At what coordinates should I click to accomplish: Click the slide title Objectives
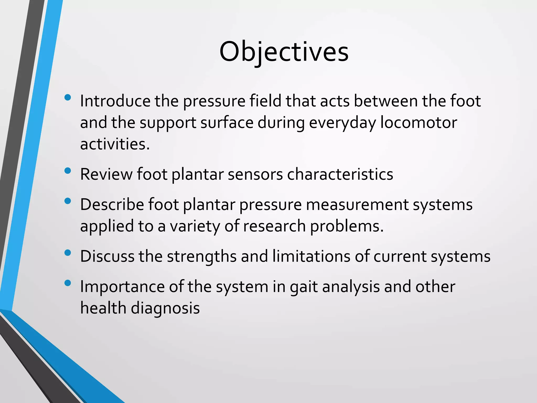coord(284,52)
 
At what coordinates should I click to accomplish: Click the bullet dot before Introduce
coord(68,98)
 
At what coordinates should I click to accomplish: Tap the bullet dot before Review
coord(68,171)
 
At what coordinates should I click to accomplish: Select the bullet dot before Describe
coord(68,201)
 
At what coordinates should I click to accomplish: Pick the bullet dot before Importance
coord(68,283)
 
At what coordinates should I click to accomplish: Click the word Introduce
coord(115,101)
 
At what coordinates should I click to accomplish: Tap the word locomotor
coord(418,123)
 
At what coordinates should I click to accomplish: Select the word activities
coord(115,144)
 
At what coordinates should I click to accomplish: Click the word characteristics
coord(340,174)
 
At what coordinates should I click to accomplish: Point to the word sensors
coord(255,174)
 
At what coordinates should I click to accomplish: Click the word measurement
coord(357,205)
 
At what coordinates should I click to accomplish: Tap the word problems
coord(347,226)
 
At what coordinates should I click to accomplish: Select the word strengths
coord(202,256)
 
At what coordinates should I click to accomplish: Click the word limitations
coord(311,256)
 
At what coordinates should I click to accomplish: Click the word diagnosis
coord(165,308)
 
